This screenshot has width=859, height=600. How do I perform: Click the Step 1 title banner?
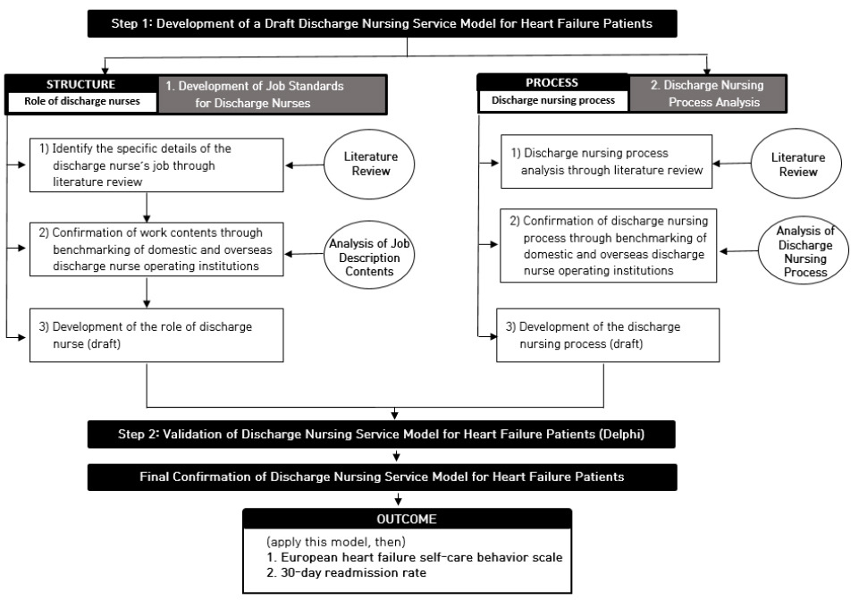tap(383, 23)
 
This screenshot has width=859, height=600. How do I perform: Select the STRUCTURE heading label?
tap(80, 84)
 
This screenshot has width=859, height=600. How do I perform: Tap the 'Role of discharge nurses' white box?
tap(82, 101)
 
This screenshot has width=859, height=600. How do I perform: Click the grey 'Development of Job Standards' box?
tap(272, 94)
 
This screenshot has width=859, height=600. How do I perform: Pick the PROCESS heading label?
tap(552, 83)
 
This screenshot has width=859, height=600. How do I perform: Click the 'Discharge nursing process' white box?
tap(553, 101)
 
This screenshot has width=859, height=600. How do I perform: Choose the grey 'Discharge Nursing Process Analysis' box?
tap(707, 93)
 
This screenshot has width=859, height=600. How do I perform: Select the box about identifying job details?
tap(156, 165)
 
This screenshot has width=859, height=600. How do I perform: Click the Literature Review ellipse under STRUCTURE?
tap(369, 164)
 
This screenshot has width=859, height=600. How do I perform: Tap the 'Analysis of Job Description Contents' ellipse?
tap(369, 255)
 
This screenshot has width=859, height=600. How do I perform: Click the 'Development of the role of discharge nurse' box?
tap(156, 335)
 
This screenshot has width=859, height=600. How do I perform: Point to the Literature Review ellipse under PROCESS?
tap(796, 164)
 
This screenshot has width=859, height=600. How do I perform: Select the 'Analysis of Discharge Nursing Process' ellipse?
tap(804, 250)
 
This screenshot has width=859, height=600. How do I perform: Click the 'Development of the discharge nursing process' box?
tap(608, 335)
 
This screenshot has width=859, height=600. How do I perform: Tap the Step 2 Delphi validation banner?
tap(382, 435)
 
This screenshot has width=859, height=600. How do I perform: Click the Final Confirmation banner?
tap(383, 477)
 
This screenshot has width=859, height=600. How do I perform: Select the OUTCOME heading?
tap(407, 520)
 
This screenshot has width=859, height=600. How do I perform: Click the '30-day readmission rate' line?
tap(346, 573)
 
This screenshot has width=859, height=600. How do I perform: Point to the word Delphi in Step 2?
tap(622, 435)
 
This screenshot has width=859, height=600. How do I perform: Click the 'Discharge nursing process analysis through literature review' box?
tap(606, 162)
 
